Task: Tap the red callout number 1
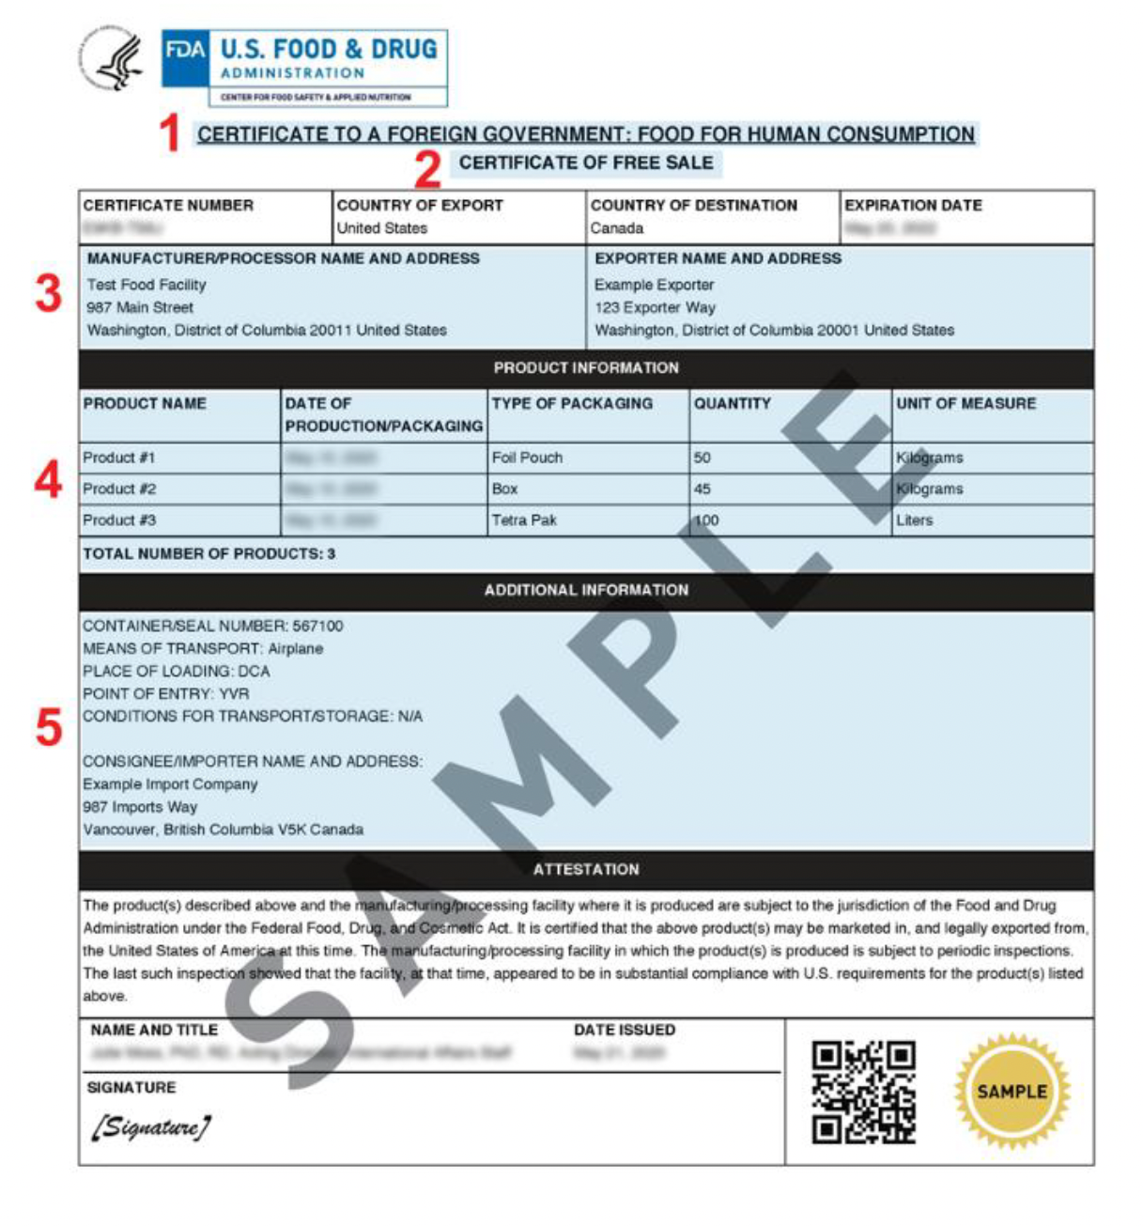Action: click(169, 133)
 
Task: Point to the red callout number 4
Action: click(49, 480)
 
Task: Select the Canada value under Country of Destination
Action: click(617, 228)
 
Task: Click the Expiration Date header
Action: click(913, 205)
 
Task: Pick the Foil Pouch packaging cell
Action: click(527, 458)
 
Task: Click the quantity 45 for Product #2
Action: click(703, 489)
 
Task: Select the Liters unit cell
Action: click(914, 520)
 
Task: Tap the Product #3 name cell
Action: click(119, 520)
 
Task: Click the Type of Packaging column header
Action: click(572, 403)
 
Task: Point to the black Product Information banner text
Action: click(586, 367)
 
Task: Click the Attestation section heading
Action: click(586, 869)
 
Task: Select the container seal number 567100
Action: click(317, 626)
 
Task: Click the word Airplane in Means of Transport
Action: click(295, 648)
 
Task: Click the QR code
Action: click(863, 1092)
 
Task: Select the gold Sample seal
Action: click(1012, 1092)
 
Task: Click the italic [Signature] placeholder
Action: click(150, 1126)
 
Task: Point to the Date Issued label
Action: click(625, 1030)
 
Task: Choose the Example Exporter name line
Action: click(654, 285)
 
